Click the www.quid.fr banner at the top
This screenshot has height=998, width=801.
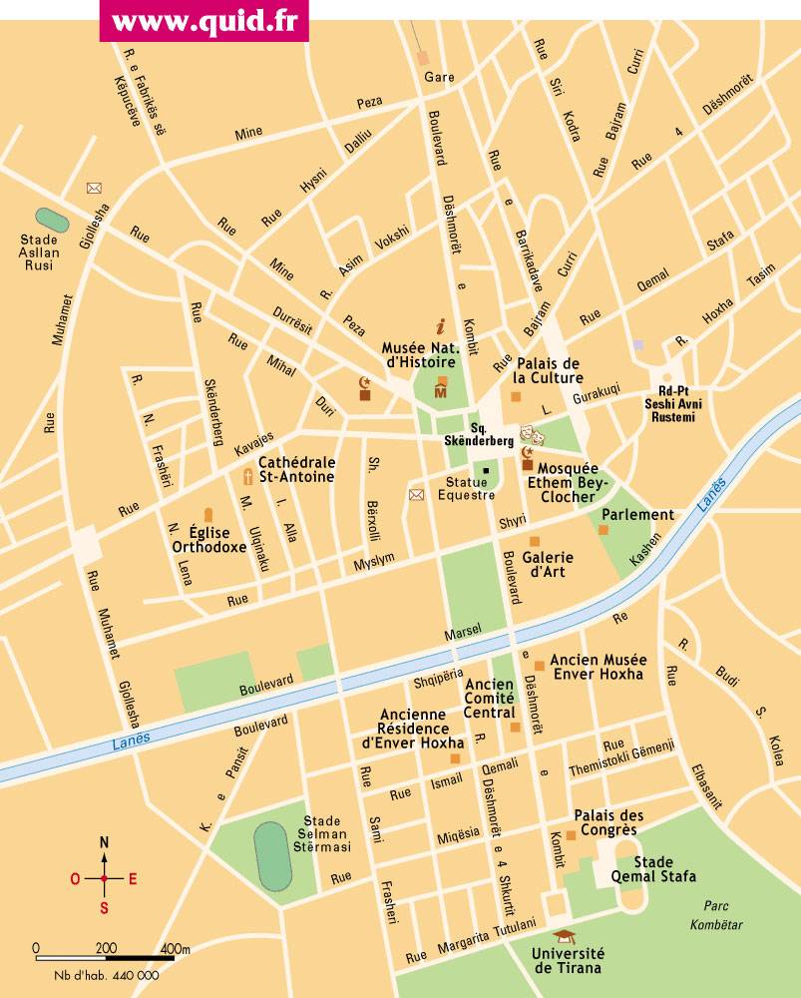click(x=203, y=21)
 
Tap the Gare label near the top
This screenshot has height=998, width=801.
click(x=439, y=77)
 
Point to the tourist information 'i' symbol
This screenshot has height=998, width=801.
click(x=441, y=325)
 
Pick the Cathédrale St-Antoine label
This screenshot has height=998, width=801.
click(x=296, y=470)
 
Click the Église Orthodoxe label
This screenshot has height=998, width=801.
click(x=208, y=539)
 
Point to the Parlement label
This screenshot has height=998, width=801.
click(x=637, y=515)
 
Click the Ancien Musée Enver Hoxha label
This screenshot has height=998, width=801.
click(x=599, y=667)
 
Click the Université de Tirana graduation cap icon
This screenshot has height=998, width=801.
click(x=566, y=936)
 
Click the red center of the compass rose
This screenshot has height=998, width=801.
click(x=104, y=878)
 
